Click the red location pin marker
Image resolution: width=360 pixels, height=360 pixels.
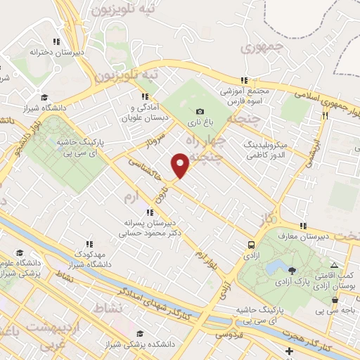[181, 165]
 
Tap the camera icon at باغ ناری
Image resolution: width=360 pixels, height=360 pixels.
[200, 111]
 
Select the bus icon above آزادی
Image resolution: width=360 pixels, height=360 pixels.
[251, 245]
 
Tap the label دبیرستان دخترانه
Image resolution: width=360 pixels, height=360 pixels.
[60, 52]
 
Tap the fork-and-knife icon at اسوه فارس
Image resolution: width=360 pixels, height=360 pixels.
[245, 80]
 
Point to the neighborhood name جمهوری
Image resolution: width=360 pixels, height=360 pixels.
[255, 48]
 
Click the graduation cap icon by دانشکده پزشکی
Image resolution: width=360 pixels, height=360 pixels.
[139, 334]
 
